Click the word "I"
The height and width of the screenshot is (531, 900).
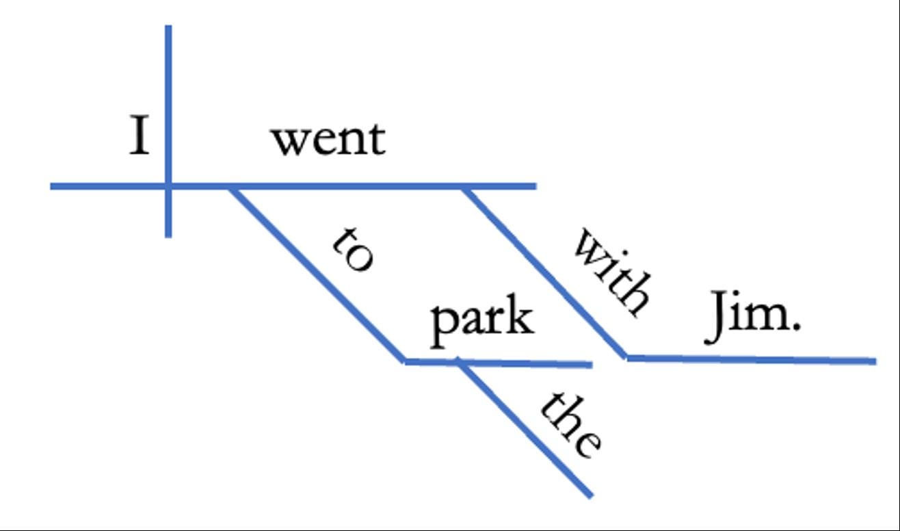pos(140,136)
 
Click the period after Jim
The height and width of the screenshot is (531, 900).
pos(795,330)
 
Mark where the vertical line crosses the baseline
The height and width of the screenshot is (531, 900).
pos(168,185)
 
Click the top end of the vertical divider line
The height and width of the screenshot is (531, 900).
pos(168,27)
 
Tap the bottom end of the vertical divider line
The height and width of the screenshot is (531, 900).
pos(168,235)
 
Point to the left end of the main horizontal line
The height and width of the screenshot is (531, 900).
pos(53,185)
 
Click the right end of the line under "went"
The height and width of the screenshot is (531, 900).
pos(535,185)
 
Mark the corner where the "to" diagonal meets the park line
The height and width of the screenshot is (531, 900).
pos(405,361)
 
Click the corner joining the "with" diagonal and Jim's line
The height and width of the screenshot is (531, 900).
pos(626,357)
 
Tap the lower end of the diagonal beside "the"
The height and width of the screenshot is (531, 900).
pos(590,494)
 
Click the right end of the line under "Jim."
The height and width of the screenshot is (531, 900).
pos(875,361)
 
